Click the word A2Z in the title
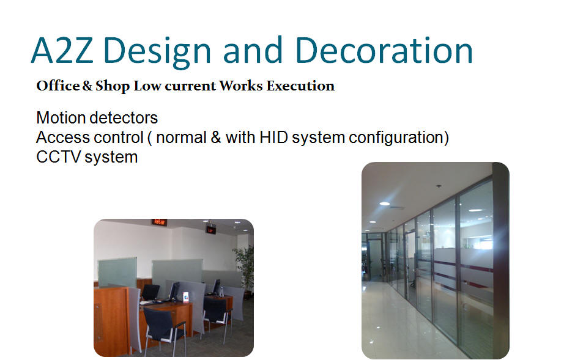(x=62, y=50)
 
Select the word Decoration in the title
(x=384, y=50)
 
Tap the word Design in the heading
(x=157, y=53)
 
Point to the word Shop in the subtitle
(x=112, y=86)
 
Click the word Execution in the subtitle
(x=300, y=86)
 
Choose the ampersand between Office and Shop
(x=87, y=86)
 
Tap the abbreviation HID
(x=273, y=138)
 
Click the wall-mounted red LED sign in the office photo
(x=159, y=222)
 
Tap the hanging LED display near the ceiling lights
(x=211, y=229)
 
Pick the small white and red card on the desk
(x=185, y=297)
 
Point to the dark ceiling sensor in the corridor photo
(x=439, y=186)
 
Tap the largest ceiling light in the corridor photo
(x=385, y=204)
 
